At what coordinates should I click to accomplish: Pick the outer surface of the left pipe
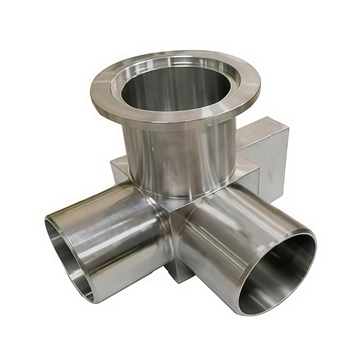coord(112,225)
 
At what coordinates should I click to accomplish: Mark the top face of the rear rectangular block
coord(256,128)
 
